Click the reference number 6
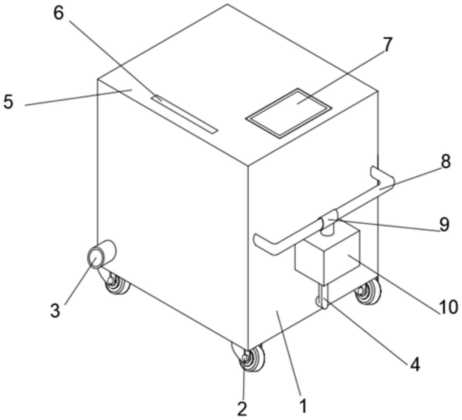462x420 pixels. point(59,14)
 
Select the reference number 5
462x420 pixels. point(8,102)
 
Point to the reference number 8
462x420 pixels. point(446,162)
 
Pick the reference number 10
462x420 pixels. point(448,308)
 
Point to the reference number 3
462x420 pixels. point(55,311)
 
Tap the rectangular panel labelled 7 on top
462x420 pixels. point(289,113)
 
